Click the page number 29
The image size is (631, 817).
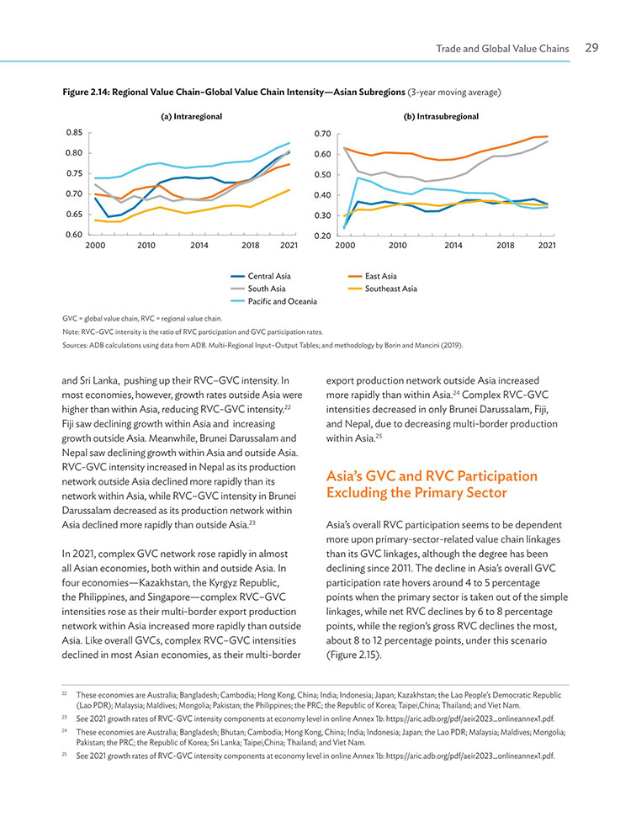point(592,48)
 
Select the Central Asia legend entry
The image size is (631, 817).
point(261,276)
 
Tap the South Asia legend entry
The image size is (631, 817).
point(258,289)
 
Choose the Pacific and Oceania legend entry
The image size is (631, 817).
point(274,301)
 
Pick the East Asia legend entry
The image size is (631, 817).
point(372,276)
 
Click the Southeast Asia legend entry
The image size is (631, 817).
point(383,289)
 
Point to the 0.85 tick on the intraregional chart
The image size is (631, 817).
point(74,132)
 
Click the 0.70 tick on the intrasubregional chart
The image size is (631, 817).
point(323,134)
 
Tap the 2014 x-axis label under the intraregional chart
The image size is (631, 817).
point(199,246)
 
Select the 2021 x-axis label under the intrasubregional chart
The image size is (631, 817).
point(547,246)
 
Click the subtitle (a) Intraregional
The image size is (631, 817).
point(191,116)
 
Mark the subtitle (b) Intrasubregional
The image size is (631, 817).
point(442,116)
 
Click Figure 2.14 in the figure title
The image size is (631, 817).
point(86,93)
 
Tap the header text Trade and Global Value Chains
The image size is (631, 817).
point(502,49)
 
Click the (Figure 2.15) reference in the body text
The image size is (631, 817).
point(354,655)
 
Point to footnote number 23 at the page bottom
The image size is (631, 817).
point(65,718)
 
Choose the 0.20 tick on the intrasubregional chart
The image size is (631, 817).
point(323,236)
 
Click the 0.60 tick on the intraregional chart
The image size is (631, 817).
point(74,235)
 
